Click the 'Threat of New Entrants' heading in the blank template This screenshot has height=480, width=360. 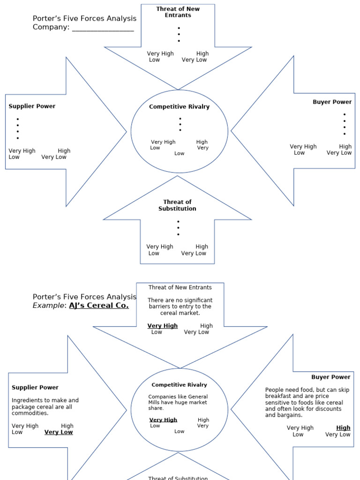coord(178,12)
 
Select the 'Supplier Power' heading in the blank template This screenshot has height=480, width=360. coord(32,106)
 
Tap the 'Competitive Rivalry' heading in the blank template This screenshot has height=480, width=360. coord(179,107)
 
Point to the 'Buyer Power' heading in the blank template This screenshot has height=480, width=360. coord(332,102)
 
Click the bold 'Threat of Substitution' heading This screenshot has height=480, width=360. coord(177,205)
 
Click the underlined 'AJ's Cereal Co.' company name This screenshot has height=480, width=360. coord(99,306)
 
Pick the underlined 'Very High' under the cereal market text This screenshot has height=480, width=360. coord(162,326)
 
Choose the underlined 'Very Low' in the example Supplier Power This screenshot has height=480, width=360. coord(59,432)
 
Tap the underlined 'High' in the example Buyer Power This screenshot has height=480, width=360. coord(343,428)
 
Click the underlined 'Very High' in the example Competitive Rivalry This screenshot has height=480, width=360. coord(163,420)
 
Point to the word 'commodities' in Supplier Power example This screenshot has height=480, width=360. coord(30,413)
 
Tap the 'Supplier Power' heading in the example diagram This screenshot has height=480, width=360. coord(35,388)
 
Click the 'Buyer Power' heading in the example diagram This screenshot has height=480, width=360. coord(330,377)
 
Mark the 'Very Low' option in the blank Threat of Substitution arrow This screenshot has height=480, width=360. coord(194,254)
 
